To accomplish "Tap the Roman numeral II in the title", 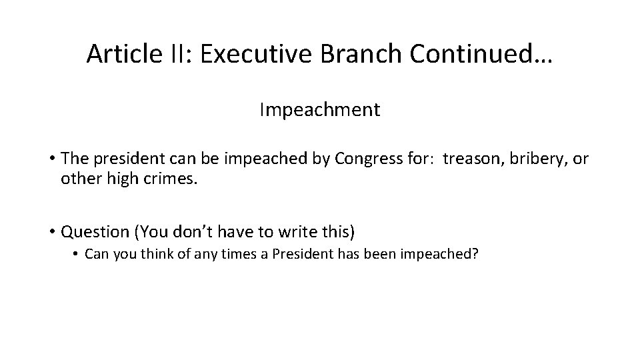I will pos(175,55).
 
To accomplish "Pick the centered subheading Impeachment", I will pos(320,109).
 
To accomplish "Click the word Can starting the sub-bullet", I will pos(97,256).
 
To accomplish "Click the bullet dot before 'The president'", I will pos(51,160).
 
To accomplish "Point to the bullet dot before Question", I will pos(51,233).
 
